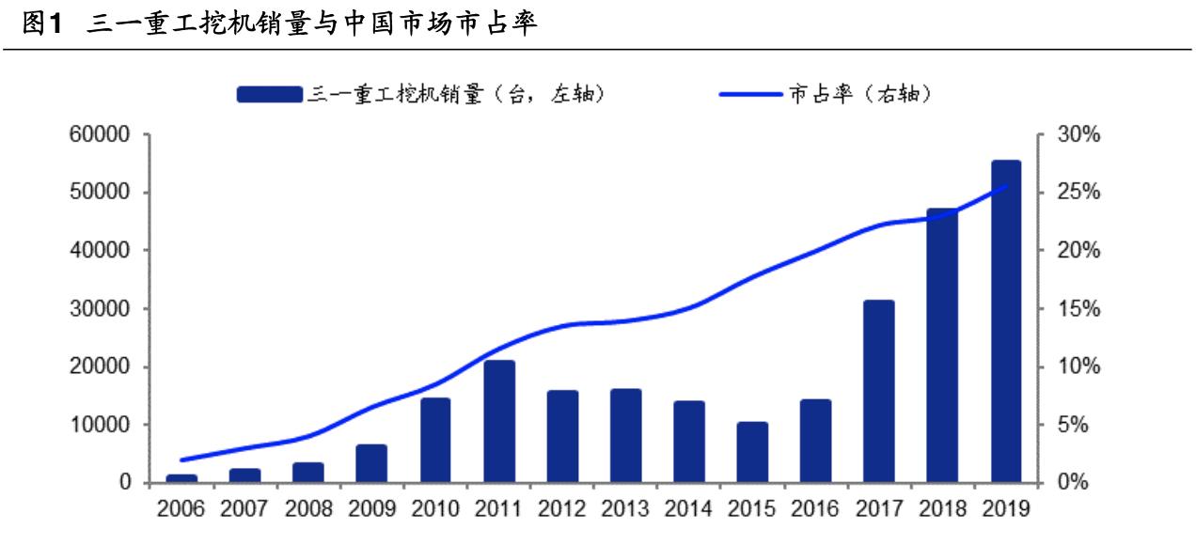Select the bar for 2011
click(x=499, y=422)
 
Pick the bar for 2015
click(x=752, y=453)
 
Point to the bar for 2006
click(x=182, y=478)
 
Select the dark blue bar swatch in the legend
click(x=270, y=94)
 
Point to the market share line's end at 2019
click(x=1005, y=186)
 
